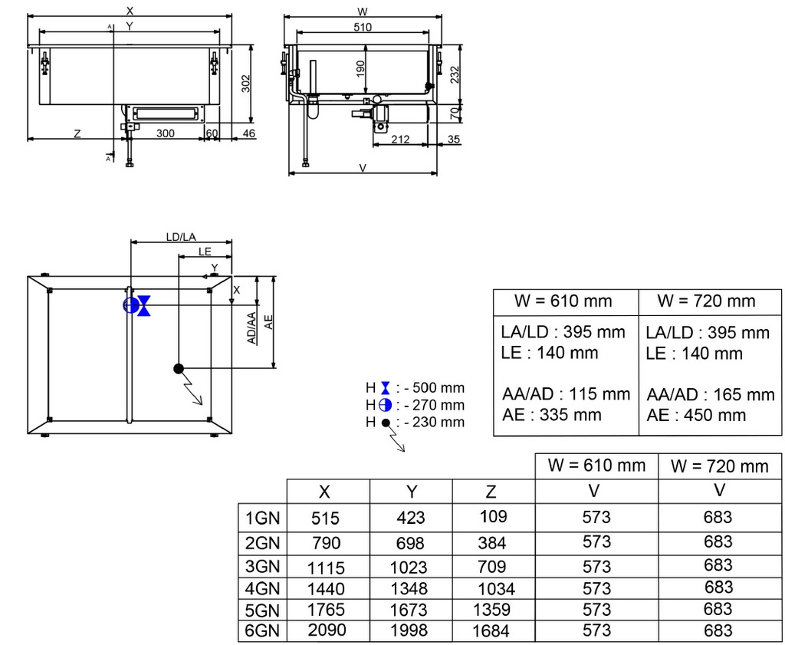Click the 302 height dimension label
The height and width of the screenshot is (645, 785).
[x=246, y=84]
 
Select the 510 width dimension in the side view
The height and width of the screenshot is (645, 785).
[x=363, y=27]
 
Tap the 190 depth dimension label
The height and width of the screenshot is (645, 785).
[x=360, y=69]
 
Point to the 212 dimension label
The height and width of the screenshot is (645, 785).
[x=400, y=140]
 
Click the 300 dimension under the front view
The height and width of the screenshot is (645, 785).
[x=166, y=133]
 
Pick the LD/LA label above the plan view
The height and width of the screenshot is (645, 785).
[x=181, y=237]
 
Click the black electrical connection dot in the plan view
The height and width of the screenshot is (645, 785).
[x=179, y=369]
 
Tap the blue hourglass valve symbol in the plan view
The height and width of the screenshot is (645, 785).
[x=144, y=305]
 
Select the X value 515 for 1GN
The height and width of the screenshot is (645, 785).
[x=325, y=518]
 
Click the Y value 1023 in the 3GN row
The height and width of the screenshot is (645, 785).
[x=409, y=568]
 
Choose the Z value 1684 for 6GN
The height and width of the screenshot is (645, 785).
[x=491, y=630]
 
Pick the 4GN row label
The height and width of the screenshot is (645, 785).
[x=262, y=588]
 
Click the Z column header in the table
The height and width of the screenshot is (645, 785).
[x=491, y=492]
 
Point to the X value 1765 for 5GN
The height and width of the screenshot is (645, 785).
[x=326, y=610]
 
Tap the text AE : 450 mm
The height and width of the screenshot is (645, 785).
[x=696, y=415]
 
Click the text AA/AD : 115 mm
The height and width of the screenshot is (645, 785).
[x=566, y=394]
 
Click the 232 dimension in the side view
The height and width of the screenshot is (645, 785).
[x=454, y=75]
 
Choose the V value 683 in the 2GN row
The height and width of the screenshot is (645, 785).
[x=718, y=541]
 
